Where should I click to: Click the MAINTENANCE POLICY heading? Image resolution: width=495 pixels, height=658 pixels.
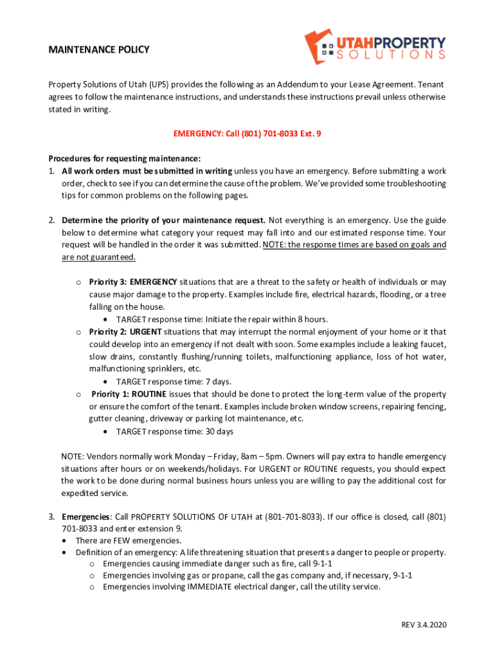coord(99,49)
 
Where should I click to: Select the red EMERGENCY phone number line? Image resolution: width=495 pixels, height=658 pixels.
coord(247,134)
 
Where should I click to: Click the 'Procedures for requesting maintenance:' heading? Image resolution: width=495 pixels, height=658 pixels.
coord(125,158)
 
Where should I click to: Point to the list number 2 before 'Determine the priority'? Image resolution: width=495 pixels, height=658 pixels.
coord(51,220)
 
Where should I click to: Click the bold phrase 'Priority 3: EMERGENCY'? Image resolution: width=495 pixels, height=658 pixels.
coord(133,282)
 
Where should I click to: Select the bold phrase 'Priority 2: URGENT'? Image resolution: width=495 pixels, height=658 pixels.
coord(126,332)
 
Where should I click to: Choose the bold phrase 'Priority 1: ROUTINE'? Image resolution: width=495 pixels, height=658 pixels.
coord(129,394)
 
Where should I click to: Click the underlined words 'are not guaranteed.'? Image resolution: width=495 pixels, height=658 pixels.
coord(99,257)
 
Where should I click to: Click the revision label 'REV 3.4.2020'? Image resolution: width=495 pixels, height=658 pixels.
coord(424,625)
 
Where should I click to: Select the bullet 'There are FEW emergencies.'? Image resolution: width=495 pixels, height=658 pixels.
coord(129,540)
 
